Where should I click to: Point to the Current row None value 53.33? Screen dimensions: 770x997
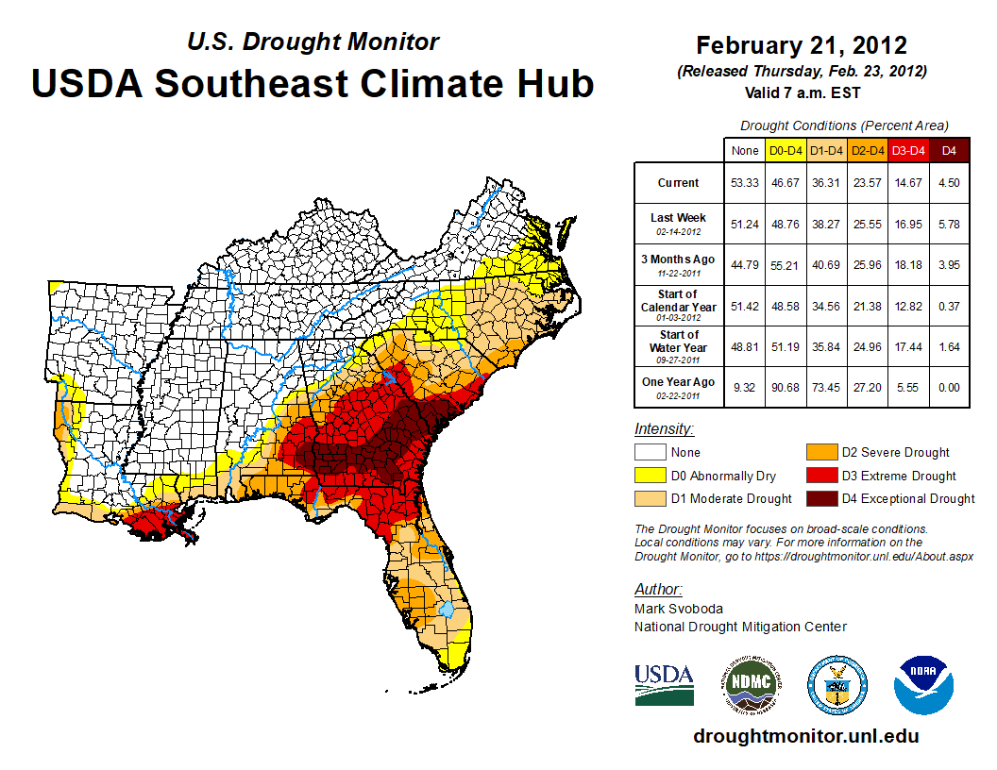tap(744, 183)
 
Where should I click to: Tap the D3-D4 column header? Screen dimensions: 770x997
tap(907, 150)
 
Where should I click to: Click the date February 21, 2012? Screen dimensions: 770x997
tap(802, 45)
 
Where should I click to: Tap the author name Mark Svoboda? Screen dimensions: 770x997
tap(674, 609)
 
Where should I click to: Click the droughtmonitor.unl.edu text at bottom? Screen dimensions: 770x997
tap(805, 736)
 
